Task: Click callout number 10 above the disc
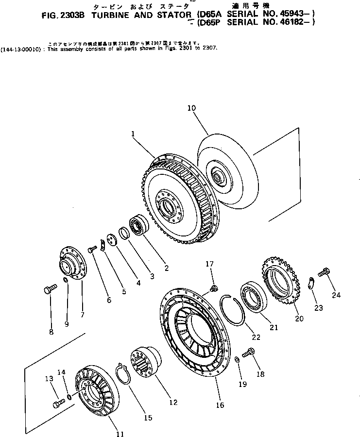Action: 192,109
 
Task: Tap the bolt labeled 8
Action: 47,290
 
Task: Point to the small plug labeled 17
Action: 212,289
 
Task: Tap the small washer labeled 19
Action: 236,359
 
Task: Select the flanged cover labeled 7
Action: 72,266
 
